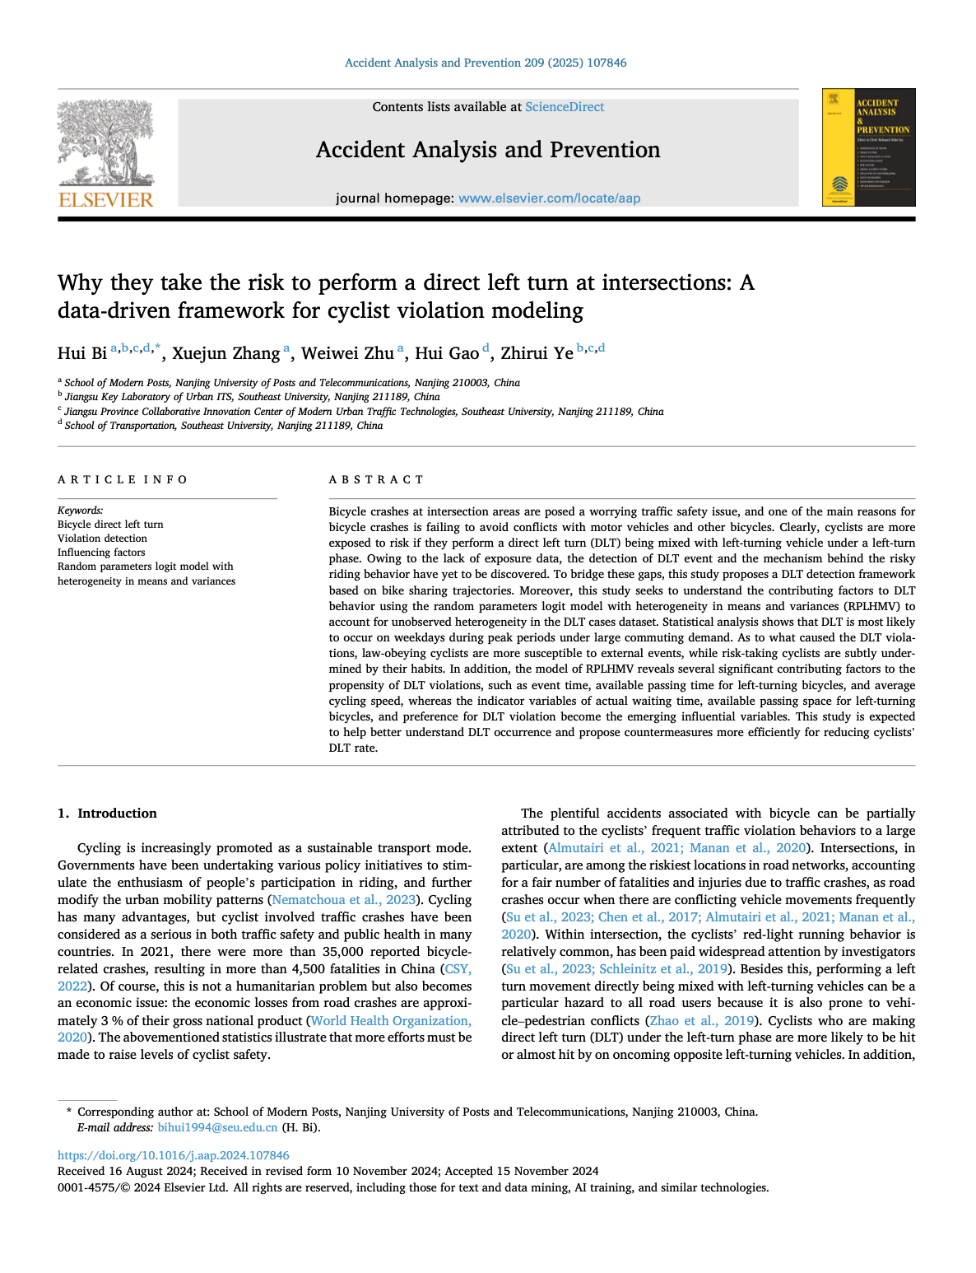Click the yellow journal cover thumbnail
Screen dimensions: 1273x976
click(868, 147)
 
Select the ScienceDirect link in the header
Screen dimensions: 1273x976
click(565, 107)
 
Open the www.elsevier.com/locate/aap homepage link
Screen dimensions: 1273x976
click(549, 198)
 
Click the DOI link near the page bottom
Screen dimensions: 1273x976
click(174, 1155)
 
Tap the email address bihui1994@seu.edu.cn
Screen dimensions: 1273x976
click(217, 1127)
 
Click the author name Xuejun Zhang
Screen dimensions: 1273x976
click(225, 353)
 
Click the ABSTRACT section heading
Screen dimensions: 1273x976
click(376, 479)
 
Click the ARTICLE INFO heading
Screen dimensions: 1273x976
click(123, 479)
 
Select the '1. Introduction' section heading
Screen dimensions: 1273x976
click(107, 814)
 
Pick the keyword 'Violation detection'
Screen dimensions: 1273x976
click(102, 539)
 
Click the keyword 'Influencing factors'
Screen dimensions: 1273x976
click(101, 553)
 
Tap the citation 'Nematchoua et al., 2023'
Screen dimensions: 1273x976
click(344, 900)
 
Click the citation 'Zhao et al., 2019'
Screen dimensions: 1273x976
click(701, 1021)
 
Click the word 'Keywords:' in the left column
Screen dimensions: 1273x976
click(80, 511)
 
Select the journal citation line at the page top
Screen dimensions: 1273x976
click(486, 63)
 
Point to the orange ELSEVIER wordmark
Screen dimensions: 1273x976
click(105, 199)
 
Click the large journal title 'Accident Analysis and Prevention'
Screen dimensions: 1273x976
click(488, 150)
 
